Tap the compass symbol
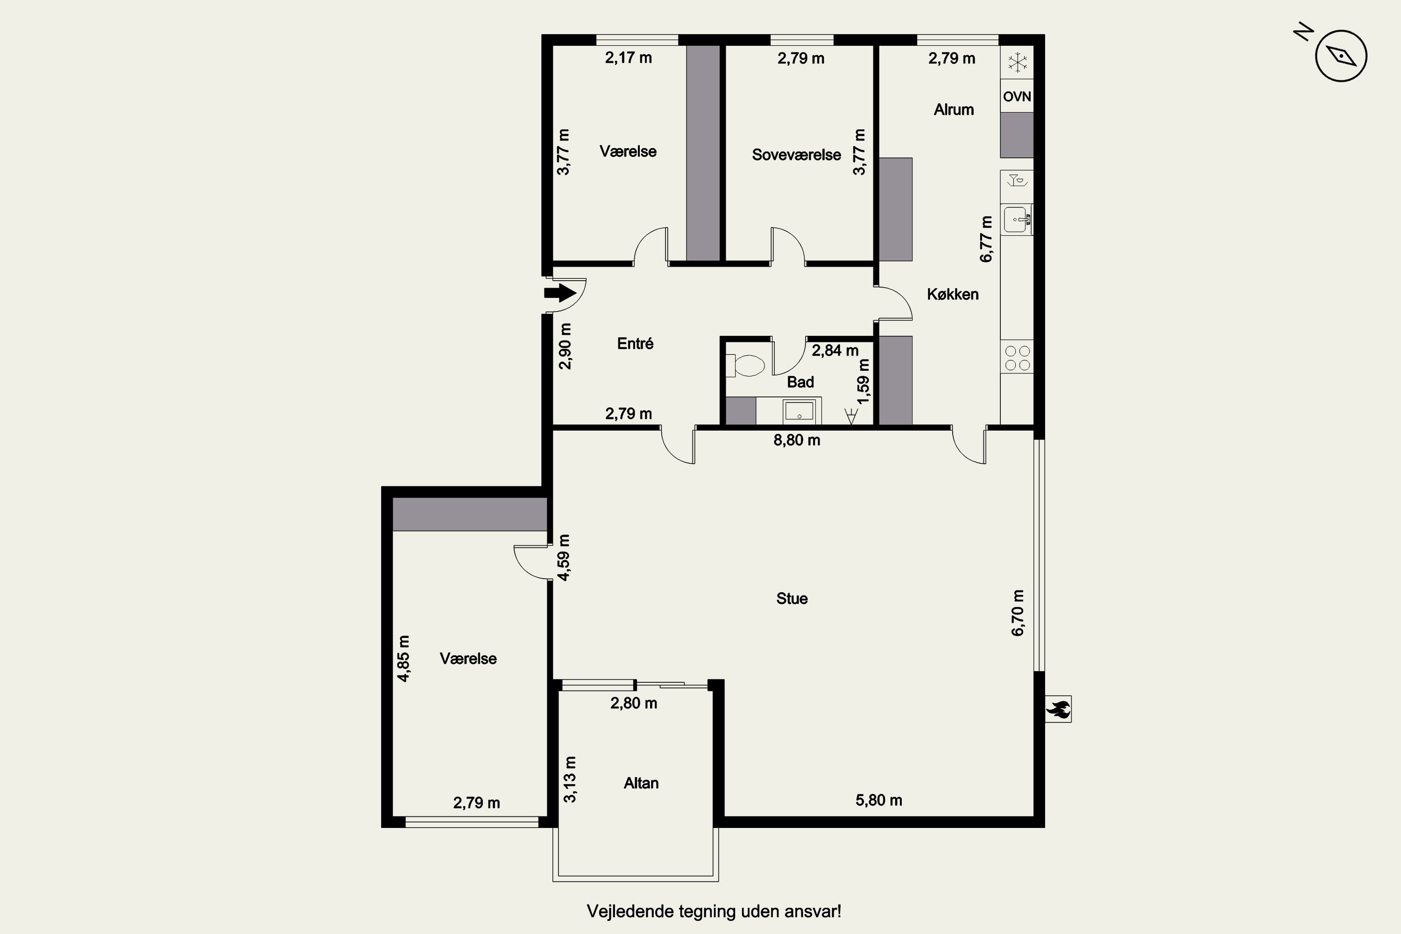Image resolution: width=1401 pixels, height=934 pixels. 1341,56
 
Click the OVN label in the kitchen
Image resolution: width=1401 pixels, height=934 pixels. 1017,97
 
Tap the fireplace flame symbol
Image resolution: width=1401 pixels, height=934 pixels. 1058,709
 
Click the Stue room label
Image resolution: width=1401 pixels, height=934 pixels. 792,599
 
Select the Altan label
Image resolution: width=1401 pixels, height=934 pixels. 641,783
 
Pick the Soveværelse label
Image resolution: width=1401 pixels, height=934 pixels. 796,155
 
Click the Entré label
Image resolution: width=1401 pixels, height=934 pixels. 635,344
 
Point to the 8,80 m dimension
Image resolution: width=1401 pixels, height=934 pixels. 796,440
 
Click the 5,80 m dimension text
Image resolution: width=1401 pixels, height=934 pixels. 878,800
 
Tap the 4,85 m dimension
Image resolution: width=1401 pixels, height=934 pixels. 403,658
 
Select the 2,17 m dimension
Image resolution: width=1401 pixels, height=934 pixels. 629,58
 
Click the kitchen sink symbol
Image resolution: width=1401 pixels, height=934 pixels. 1017,220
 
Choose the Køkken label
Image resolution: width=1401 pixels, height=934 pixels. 953,294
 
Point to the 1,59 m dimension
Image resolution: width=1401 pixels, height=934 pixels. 863,381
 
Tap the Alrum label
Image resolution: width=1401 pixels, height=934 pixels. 954,110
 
